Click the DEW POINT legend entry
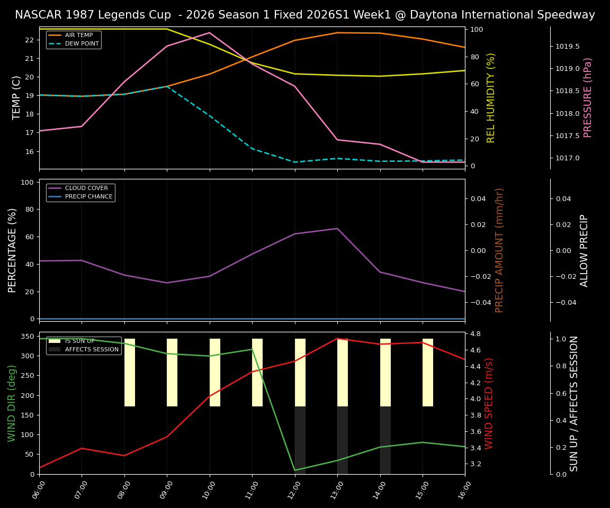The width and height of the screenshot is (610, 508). tap(82, 43)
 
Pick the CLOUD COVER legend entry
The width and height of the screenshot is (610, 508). tap(86, 188)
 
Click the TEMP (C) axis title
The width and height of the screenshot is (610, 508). tap(17, 97)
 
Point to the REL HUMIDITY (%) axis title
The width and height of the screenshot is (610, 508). tap(491, 97)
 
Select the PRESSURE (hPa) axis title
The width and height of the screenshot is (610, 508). tap(588, 97)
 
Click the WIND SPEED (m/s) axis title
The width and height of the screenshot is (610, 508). tap(489, 403)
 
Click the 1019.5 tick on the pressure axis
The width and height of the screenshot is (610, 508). tap(567, 47)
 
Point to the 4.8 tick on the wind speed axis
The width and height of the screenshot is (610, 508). tap(475, 334)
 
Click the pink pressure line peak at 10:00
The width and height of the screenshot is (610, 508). tap(210, 33)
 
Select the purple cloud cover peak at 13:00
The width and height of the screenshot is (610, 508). tap(337, 229)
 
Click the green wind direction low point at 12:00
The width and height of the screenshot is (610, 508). tap(295, 470)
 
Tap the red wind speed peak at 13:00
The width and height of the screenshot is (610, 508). tap(337, 339)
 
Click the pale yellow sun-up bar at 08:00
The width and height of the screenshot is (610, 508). tap(130, 373)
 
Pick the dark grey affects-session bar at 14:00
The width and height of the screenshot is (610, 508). tap(385, 440)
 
